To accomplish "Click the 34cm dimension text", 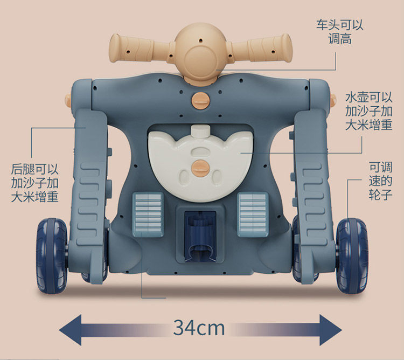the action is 199,327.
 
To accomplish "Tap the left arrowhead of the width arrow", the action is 70,327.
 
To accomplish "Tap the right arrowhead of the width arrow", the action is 330,327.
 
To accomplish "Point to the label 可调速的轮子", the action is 380,181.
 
